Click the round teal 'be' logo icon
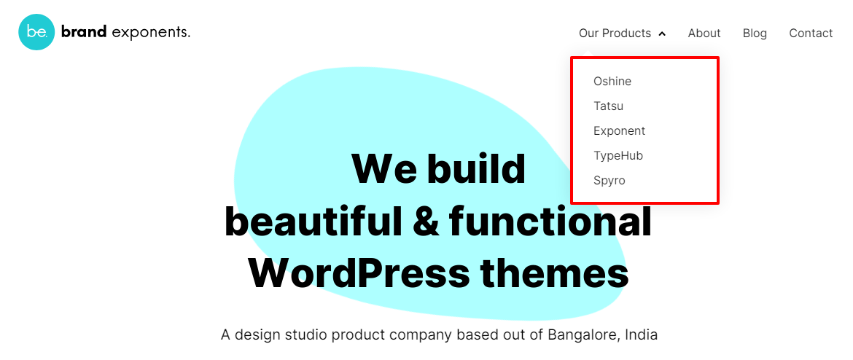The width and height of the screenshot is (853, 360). click(x=36, y=32)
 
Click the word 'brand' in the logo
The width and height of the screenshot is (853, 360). click(x=84, y=32)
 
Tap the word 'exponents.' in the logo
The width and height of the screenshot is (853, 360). click(x=151, y=33)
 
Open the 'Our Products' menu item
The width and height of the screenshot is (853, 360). click(x=615, y=34)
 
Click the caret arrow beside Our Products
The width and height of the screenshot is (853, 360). click(x=662, y=34)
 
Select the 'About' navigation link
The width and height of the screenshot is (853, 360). click(x=704, y=34)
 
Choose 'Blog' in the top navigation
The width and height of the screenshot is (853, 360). click(x=755, y=34)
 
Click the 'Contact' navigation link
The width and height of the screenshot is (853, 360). click(x=811, y=34)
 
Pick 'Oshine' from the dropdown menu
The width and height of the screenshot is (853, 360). click(x=612, y=82)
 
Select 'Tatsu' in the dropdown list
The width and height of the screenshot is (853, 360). click(x=609, y=106)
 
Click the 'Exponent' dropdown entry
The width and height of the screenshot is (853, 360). click(x=619, y=131)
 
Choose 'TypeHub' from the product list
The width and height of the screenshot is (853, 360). click(x=618, y=156)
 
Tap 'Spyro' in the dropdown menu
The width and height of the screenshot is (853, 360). click(x=609, y=181)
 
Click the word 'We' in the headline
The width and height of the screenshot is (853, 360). click(x=383, y=169)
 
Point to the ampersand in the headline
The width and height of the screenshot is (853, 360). click(x=426, y=222)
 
